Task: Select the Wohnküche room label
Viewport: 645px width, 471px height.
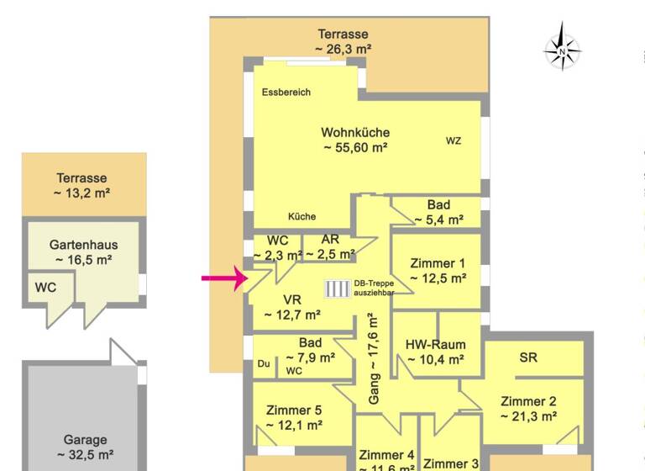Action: click(355, 132)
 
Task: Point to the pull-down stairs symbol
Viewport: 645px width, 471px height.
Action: click(338, 288)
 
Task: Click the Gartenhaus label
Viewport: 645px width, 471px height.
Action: click(83, 245)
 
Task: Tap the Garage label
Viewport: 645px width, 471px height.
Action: click(85, 439)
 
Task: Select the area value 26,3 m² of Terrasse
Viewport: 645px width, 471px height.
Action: click(343, 49)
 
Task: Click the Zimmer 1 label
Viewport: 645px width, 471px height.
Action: click(438, 262)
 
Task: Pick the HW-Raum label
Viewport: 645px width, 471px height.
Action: click(435, 344)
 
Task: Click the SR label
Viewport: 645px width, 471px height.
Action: click(528, 357)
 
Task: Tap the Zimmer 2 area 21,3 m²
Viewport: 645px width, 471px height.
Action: click(528, 415)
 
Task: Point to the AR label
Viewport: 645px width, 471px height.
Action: click(330, 239)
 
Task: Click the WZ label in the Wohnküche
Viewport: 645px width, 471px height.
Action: click(454, 140)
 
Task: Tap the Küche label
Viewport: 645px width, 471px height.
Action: click(302, 215)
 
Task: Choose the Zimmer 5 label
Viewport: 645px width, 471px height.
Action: click(294, 410)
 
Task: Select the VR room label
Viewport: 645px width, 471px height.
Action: click(292, 299)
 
